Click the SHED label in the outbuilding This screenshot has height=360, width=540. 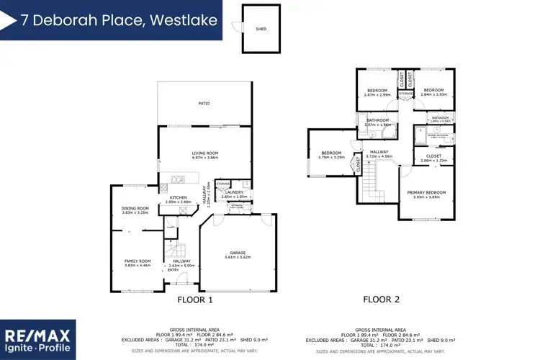(261, 30)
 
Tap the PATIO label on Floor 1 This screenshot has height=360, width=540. (204, 104)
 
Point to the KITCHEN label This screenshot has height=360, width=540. (179, 197)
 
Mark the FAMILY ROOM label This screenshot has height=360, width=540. (136, 261)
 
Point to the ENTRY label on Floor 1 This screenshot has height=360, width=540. (174, 270)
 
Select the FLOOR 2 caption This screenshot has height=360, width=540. (381, 300)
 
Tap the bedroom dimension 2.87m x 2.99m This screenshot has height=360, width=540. (377, 95)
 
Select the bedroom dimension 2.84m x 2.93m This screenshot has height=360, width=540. (434, 94)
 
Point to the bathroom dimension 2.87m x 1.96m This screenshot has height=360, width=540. (378, 125)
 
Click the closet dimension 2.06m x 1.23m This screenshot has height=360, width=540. (434, 160)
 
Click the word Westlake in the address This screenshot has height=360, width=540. (184, 20)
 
